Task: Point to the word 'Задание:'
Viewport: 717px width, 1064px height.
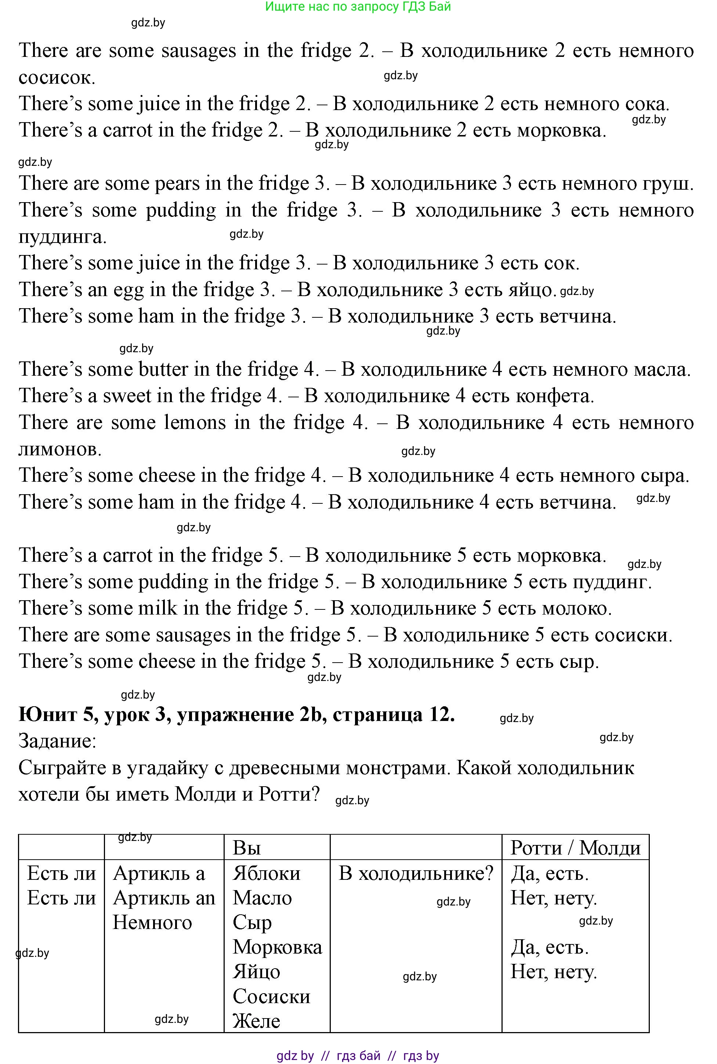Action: [58, 740]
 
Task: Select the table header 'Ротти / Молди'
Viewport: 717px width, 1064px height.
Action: [575, 848]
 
